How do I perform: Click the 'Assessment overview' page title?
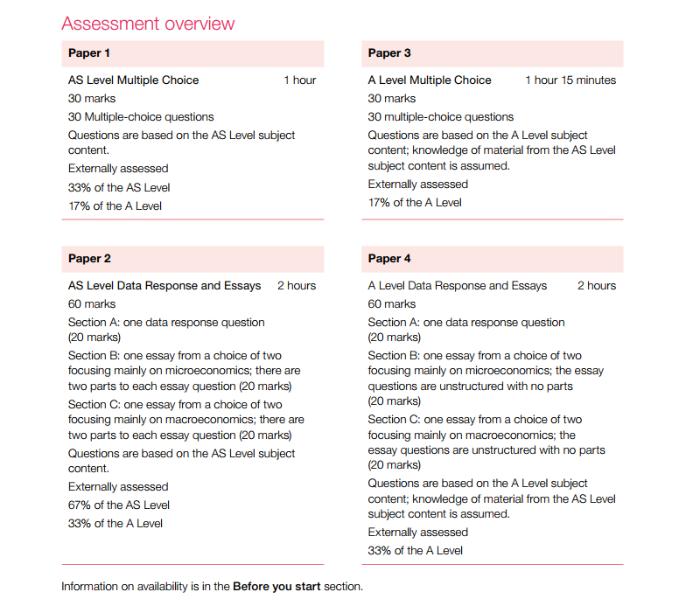click(x=148, y=24)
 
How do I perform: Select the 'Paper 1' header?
click(x=90, y=53)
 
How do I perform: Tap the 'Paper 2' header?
click(x=90, y=259)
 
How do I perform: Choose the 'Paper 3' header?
click(x=390, y=53)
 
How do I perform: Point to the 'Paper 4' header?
click(x=390, y=259)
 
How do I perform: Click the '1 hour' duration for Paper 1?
click(x=299, y=80)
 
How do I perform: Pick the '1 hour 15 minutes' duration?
click(x=570, y=80)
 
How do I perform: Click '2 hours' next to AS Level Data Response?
click(x=297, y=286)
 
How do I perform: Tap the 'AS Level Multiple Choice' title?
click(x=134, y=80)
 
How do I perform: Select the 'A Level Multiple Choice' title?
click(x=430, y=80)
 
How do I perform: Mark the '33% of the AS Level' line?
click(x=119, y=187)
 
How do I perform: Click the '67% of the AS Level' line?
click(x=119, y=505)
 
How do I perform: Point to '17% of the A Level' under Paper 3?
click(x=415, y=203)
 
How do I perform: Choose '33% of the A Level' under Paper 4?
click(x=416, y=550)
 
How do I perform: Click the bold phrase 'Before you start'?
click(x=276, y=586)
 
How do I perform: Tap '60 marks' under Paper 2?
click(x=92, y=304)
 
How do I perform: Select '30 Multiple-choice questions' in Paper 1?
click(x=141, y=117)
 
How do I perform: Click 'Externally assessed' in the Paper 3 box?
click(x=418, y=185)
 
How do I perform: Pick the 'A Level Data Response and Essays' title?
click(x=458, y=286)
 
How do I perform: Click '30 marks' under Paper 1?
click(x=92, y=99)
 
